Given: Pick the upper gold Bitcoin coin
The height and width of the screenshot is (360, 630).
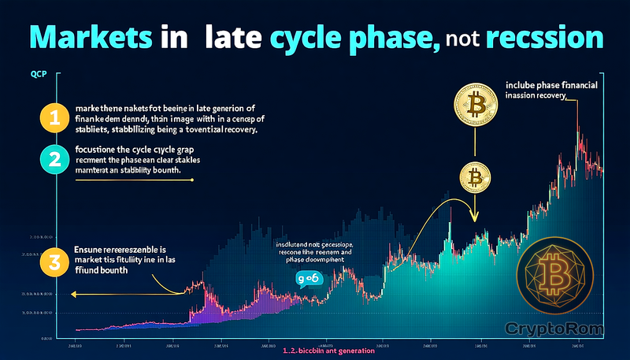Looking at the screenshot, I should (476, 105).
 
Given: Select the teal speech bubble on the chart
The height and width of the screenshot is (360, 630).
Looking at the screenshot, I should (309, 278).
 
